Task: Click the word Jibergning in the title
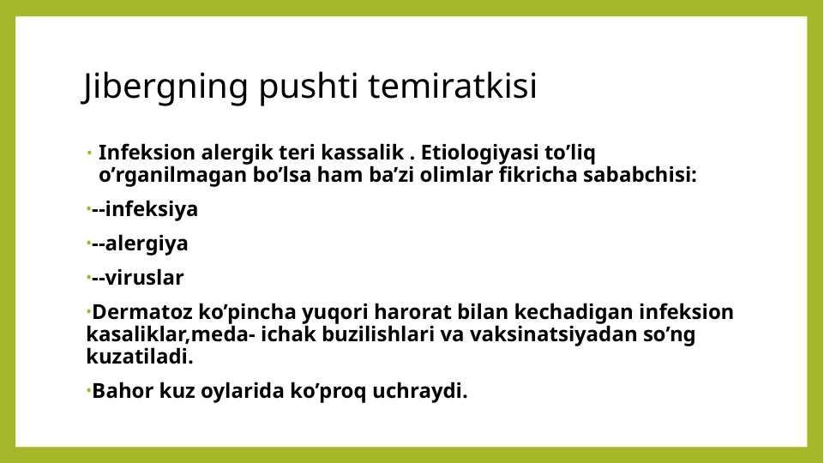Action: click(165, 87)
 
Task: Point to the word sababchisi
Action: click(640, 174)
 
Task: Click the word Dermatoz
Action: click(142, 311)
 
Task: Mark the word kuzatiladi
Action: click(140, 357)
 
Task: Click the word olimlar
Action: click(456, 174)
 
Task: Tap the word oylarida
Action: click(243, 392)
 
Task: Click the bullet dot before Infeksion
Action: click(90, 153)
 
